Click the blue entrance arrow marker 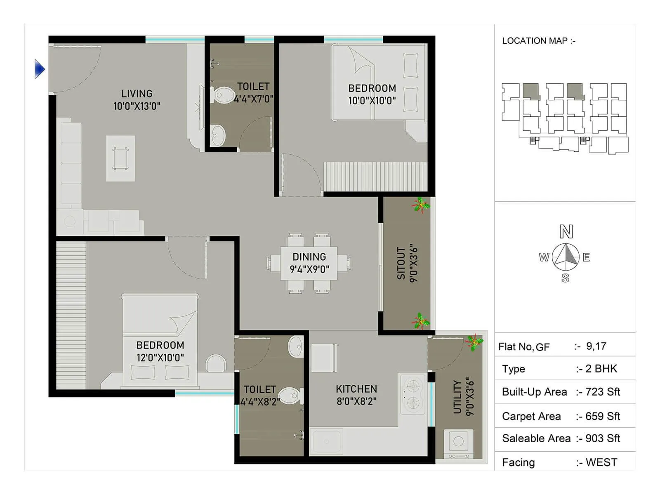click(x=39, y=69)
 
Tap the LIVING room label click(x=137, y=94)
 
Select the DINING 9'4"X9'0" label click(x=309, y=263)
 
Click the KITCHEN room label click(x=356, y=389)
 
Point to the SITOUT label click(x=401, y=264)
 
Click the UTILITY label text click(x=457, y=396)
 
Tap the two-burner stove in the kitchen click(x=412, y=394)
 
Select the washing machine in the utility click(x=458, y=443)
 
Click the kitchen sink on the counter click(x=327, y=442)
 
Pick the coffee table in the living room click(x=120, y=158)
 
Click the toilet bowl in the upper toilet click(x=223, y=95)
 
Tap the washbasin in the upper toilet click(x=217, y=135)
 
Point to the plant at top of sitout click(x=420, y=205)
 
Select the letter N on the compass click(x=566, y=232)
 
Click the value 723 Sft click(x=602, y=392)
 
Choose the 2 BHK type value click(x=601, y=369)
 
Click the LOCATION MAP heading click(x=538, y=41)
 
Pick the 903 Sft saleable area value click(x=602, y=438)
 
